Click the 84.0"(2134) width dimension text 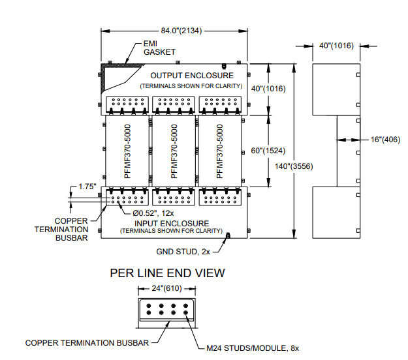click(181, 31)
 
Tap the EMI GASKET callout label click(159, 48)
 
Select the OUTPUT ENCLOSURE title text click(192, 76)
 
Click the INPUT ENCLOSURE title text click(172, 224)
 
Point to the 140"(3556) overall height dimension click(294, 166)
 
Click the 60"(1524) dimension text click(268, 151)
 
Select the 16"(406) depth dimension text click(385, 140)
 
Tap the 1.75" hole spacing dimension click(87, 187)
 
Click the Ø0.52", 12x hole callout click(153, 213)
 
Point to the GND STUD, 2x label click(183, 252)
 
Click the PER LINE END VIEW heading click(167, 273)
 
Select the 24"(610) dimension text click(167, 288)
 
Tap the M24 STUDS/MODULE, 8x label click(253, 348)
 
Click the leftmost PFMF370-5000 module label click(127, 151)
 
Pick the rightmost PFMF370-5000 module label click(219, 151)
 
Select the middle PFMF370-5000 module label click(174, 151)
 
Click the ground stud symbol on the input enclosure click(228, 235)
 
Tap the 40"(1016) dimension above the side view click(336, 46)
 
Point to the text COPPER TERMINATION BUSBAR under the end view click(87, 343)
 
